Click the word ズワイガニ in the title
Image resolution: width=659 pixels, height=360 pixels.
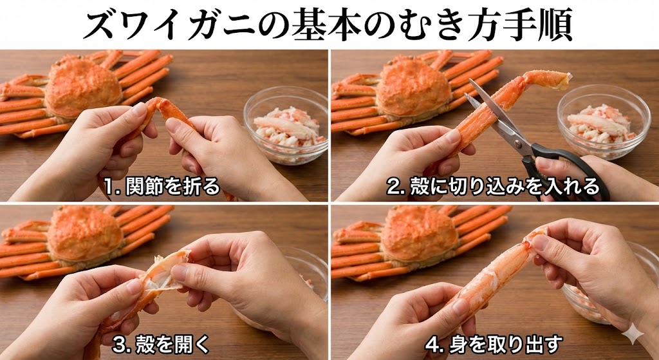tap(157, 25)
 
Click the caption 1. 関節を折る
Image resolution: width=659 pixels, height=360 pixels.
tap(162, 187)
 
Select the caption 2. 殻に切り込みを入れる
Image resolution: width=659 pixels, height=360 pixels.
tap(497, 187)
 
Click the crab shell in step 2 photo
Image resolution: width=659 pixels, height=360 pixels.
tap(412, 87)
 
